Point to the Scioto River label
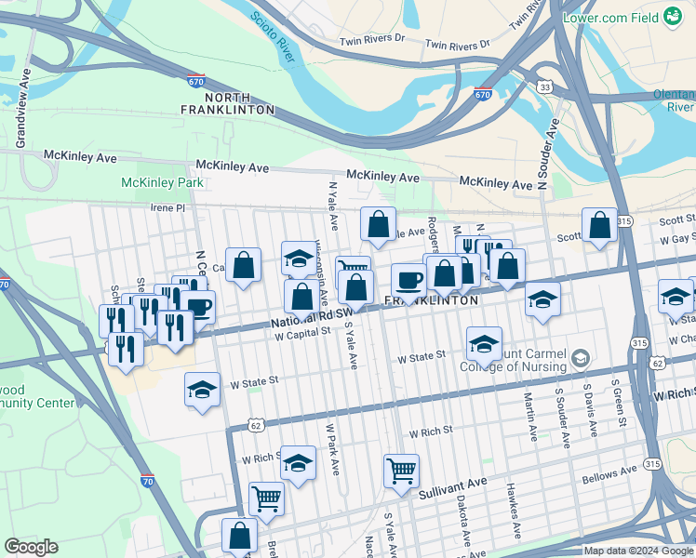[x=274, y=38]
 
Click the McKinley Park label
[x=162, y=182]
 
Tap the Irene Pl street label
[x=168, y=207]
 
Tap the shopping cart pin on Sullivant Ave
[x=401, y=470]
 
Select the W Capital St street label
[x=303, y=331]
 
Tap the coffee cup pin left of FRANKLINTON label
[x=408, y=280]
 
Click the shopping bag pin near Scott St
[x=600, y=225]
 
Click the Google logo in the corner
[x=32, y=547]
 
